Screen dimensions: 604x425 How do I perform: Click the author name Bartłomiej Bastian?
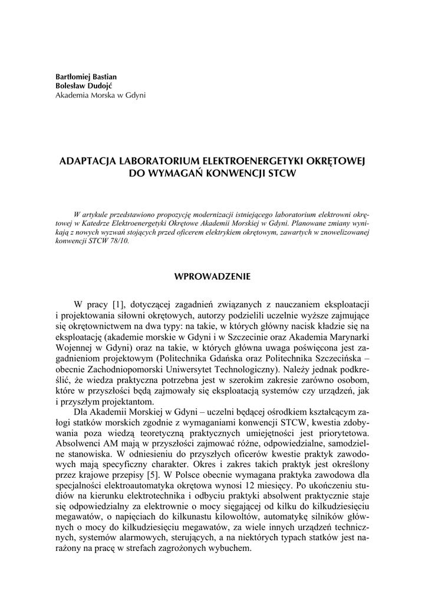click(x=86, y=77)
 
